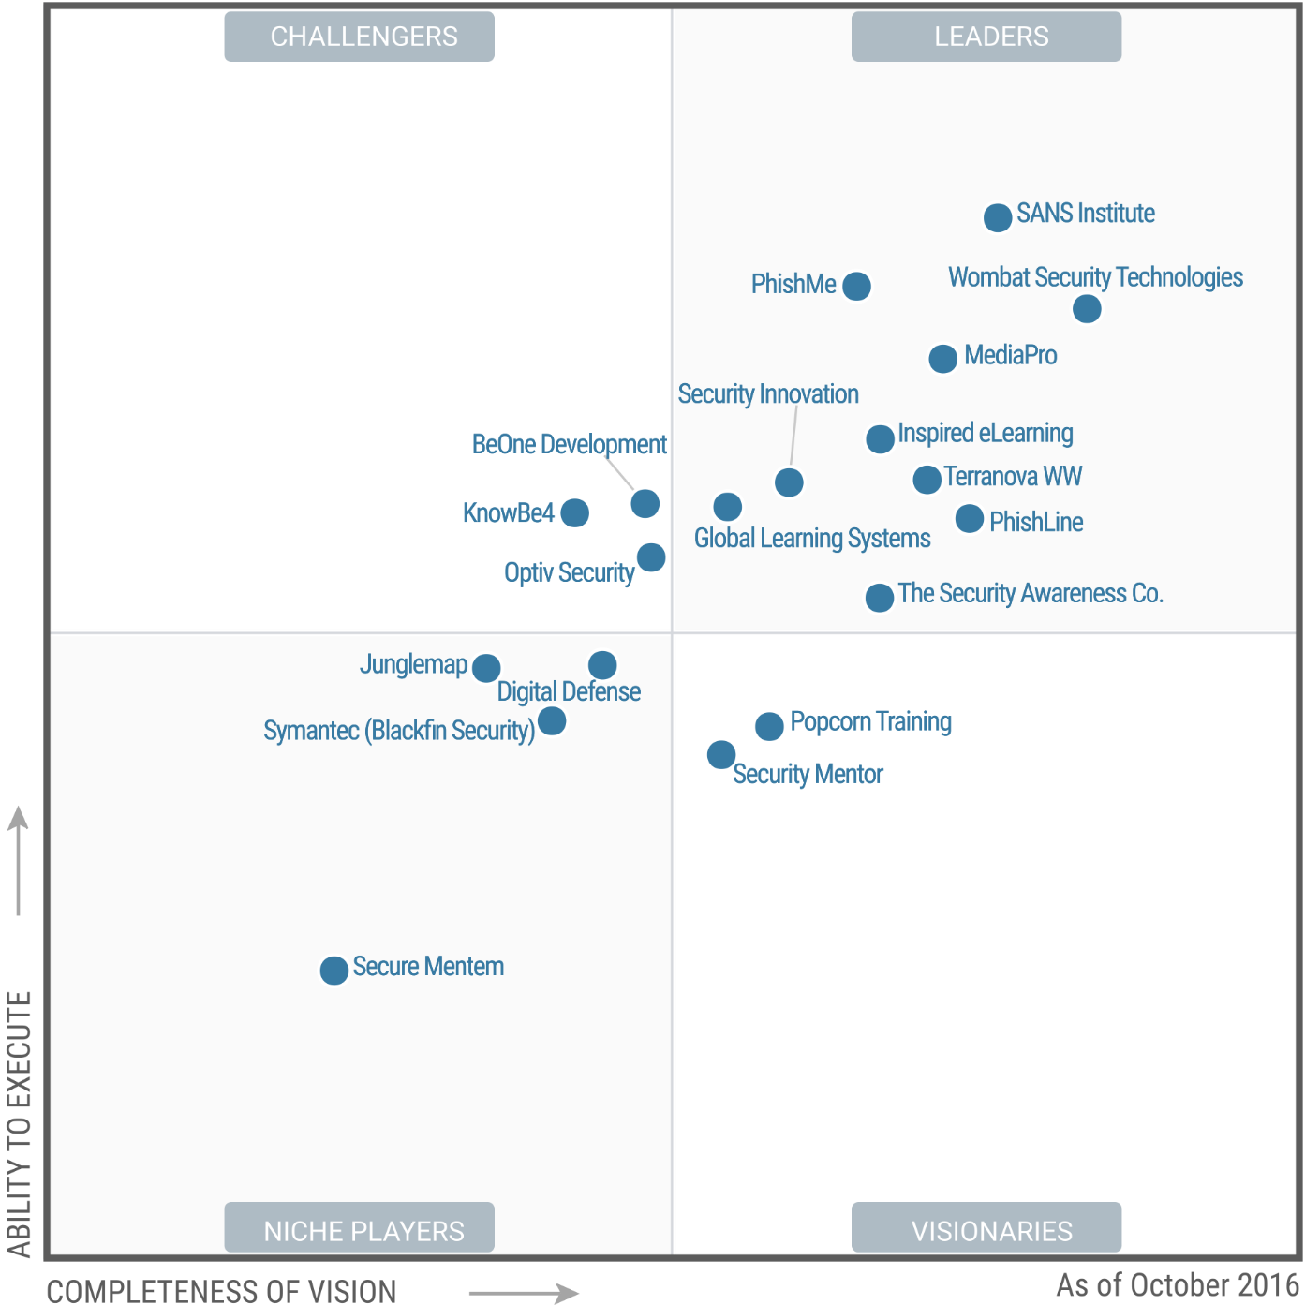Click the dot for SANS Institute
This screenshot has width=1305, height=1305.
998,217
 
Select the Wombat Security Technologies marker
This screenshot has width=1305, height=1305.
1087,308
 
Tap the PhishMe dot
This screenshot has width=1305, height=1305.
856,286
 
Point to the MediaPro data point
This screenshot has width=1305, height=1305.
942,358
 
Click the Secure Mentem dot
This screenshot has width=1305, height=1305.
334,971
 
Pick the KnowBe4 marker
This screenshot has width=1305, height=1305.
574,512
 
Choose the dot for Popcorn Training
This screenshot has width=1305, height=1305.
769,726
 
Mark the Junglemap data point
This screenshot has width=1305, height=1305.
485,668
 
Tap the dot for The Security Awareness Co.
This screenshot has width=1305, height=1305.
879,597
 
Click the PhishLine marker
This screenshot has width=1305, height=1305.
970,518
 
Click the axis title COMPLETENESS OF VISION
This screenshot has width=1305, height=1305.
222,1291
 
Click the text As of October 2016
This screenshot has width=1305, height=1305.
1178,1285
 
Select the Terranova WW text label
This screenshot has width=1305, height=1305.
1013,477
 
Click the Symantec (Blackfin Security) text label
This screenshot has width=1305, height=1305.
399,731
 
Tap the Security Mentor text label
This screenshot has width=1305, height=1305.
808,775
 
